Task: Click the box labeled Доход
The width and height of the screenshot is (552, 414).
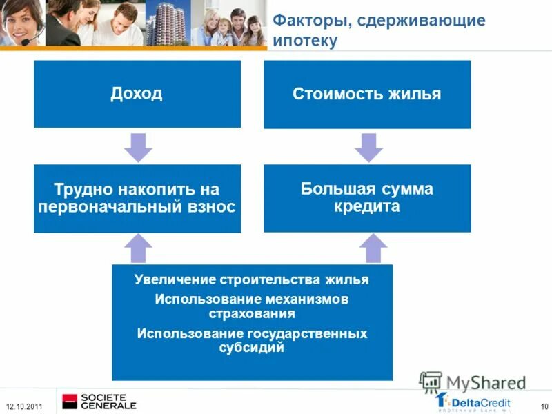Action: click(137, 94)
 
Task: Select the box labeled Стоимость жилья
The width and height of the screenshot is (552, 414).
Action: click(367, 94)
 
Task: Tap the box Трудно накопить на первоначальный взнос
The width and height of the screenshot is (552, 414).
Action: click(137, 198)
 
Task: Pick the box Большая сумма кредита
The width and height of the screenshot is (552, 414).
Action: click(367, 198)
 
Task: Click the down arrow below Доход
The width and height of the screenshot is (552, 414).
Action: click(137, 146)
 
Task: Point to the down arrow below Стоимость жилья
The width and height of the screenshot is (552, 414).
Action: click(367, 146)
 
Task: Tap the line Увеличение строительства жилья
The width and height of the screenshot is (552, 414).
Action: click(252, 280)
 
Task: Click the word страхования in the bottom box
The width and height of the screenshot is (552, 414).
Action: click(252, 313)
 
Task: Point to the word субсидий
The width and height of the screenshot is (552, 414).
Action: click(252, 348)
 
